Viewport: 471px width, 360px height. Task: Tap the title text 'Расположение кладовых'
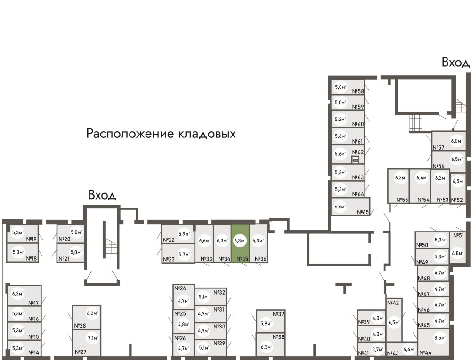tap(161, 134)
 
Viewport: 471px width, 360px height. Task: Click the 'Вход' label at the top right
tap(455, 63)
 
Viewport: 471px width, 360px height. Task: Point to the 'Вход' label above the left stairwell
tap(102, 195)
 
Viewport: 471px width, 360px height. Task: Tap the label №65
tap(362, 212)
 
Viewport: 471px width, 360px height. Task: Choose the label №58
tap(358, 92)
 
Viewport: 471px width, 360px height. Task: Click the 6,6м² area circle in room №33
tap(204, 241)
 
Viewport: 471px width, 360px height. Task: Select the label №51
tap(458, 235)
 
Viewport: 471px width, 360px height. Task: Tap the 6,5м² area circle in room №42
tap(394, 323)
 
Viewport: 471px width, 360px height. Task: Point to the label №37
tap(279, 314)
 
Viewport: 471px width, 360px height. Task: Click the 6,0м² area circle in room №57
tap(455, 141)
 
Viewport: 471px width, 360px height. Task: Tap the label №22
tap(169, 240)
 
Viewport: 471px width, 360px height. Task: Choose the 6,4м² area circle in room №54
tap(421, 178)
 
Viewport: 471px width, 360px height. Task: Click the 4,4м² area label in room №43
tap(408, 349)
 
